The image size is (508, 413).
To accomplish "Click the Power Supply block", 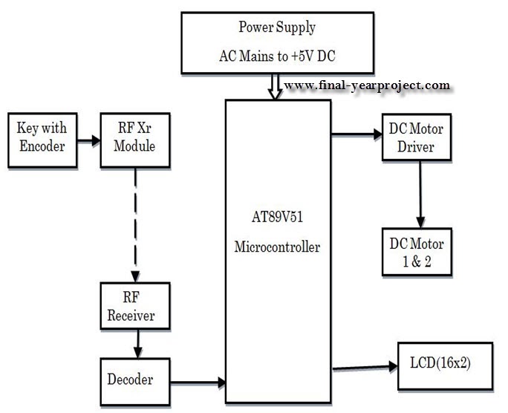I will click(277, 42).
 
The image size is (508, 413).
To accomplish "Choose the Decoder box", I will click(135, 380).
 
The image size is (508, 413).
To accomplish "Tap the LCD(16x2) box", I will click(445, 365).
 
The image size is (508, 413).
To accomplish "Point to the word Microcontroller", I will click(278, 247).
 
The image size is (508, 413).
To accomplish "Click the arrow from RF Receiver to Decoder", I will click(136, 343).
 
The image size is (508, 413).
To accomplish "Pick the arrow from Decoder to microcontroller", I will click(198, 382).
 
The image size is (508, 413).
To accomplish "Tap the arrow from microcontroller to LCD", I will click(364, 367).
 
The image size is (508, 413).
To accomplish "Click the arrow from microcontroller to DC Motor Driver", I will click(356, 135).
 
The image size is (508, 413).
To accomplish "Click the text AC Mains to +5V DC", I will click(277, 56).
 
